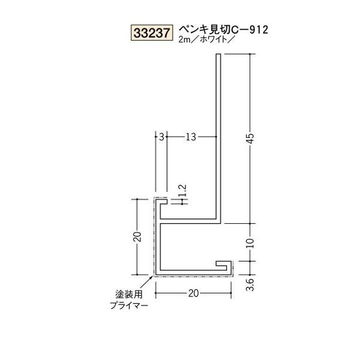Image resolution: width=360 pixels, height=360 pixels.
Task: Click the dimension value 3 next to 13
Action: pyautogui.click(x=161, y=137)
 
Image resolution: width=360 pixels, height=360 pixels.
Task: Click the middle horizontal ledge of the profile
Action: pyautogui.click(x=188, y=221)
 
